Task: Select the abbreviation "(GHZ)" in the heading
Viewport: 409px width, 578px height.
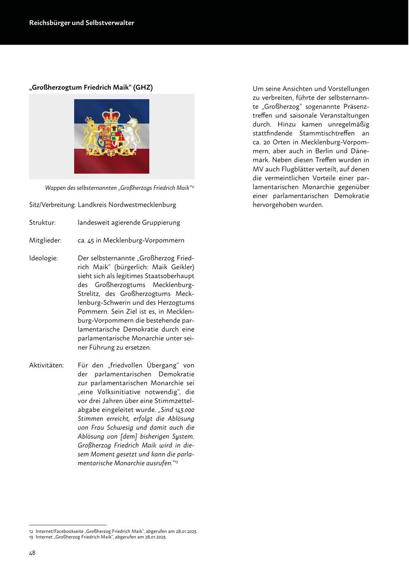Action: click(x=143, y=88)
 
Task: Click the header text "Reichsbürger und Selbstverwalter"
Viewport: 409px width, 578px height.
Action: click(x=82, y=23)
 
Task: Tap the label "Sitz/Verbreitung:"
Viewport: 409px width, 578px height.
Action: click(x=52, y=205)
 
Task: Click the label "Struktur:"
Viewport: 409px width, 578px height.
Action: click(x=42, y=223)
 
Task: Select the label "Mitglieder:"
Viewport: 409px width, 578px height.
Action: click(x=45, y=240)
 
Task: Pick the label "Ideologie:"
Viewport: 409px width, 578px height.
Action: click(x=44, y=258)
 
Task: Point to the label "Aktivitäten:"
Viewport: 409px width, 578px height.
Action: click(x=46, y=365)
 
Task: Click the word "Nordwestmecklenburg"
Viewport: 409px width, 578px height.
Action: click(x=142, y=205)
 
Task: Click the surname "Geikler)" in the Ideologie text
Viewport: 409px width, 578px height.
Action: click(x=181, y=267)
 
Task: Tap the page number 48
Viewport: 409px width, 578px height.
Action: click(x=32, y=553)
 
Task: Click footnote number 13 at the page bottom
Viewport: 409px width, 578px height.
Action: click(x=31, y=537)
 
